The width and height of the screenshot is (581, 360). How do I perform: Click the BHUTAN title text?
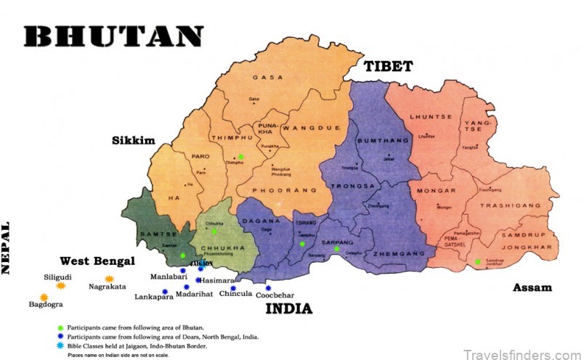pyautogui.click(x=113, y=37)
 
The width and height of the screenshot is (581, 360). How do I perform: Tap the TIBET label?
pyautogui.click(x=388, y=66)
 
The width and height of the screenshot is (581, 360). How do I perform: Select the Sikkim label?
pyautogui.click(x=134, y=140)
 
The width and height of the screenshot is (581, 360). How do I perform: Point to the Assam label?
pyautogui.click(x=532, y=287)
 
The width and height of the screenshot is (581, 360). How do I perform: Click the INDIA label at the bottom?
pyautogui.click(x=288, y=308)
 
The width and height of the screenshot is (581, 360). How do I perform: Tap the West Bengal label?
pyautogui.click(x=98, y=261)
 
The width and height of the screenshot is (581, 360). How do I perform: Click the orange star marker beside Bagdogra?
pyautogui.click(x=44, y=298)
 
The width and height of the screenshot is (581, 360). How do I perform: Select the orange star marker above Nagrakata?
pyautogui.click(x=109, y=279)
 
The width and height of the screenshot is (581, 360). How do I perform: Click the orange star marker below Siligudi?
pyautogui.click(x=61, y=286)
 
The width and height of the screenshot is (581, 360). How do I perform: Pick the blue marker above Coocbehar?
pyautogui.click(x=268, y=287)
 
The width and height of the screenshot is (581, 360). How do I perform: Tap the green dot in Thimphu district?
pyautogui.click(x=241, y=157)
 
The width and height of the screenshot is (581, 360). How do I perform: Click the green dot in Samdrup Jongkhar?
pyautogui.click(x=478, y=261)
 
